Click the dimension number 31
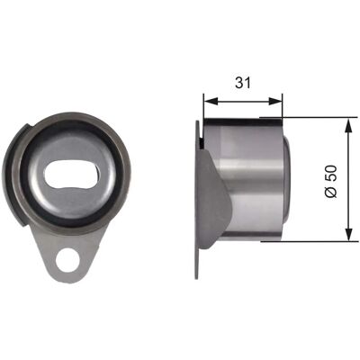[x=243, y=83]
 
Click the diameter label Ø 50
[x=332, y=181]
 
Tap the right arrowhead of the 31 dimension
[x=275, y=101]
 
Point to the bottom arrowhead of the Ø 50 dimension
[x=348, y=234]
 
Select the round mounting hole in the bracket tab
[x=68, y=260]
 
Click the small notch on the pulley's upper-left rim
[x=26, y=127]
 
